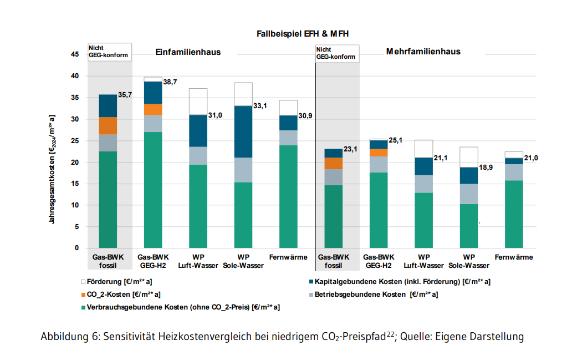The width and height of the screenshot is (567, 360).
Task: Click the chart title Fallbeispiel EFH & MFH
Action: [303, 34]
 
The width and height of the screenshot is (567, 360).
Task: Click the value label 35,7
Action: [125, 95]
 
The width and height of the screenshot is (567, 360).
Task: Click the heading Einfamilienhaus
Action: [187, 52]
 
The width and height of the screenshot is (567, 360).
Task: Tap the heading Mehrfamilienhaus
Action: [423, 52]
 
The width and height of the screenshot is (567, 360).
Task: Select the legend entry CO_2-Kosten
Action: [125, 294]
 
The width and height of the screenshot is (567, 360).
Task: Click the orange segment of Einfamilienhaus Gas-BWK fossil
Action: [108, 126]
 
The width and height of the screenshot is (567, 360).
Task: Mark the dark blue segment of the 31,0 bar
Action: [198, 131]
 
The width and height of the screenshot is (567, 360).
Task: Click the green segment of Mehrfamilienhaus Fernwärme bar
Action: [513, 214]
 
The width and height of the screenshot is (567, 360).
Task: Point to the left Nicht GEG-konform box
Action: [110, 52]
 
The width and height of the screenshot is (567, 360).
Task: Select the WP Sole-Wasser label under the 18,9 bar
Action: [469, 261]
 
